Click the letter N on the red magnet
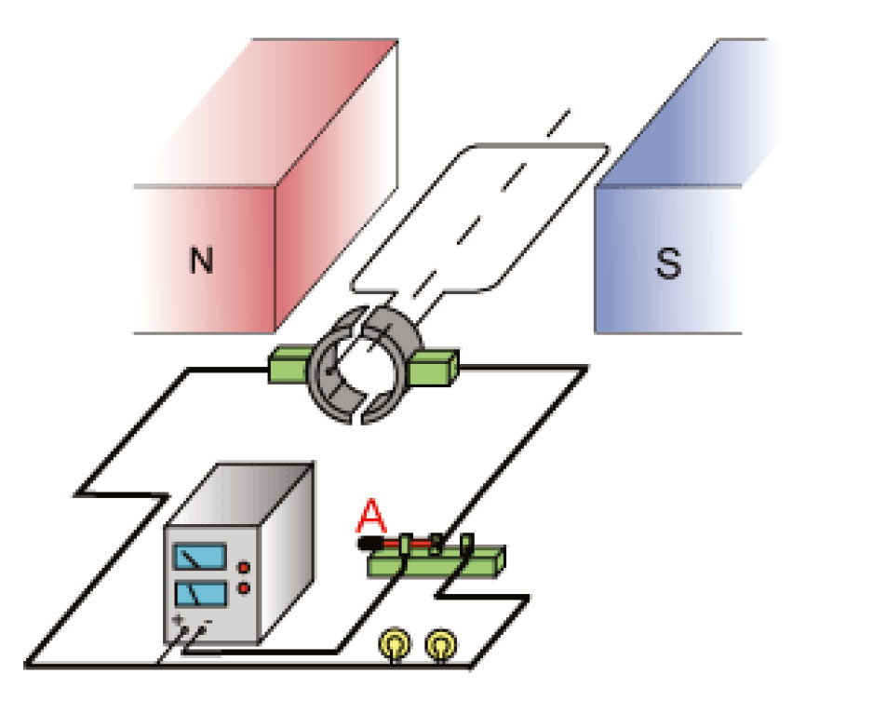[202, 260]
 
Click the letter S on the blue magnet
[668, 263]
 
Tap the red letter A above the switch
[371, 517]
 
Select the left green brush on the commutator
[289, 364]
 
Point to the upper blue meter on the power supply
[200, 557]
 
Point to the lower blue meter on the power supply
[201, 594]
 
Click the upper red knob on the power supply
[244, 568]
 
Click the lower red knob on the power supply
[244, 588]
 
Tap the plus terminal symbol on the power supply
[178, 619]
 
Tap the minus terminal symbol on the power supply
[208, 621]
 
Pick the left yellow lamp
[396, 644]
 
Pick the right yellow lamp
[441, 644]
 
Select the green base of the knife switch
[437, 562]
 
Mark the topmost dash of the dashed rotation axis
[558, 123]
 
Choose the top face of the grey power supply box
[240, 493]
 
